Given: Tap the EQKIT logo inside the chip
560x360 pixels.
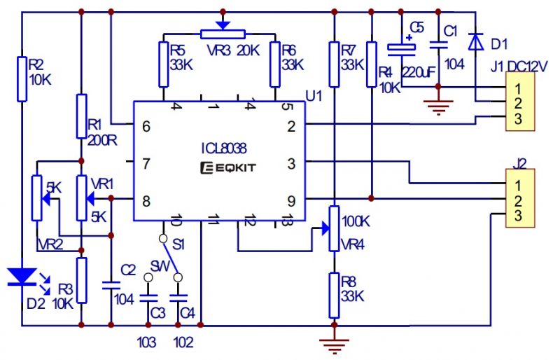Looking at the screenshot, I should (x=223, y=167).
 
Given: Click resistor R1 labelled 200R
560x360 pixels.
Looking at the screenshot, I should (x=82, y=116).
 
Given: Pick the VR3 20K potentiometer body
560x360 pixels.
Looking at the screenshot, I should (x=223, y=34).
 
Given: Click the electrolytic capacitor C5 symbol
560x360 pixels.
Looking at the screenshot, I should (x=402, y=48).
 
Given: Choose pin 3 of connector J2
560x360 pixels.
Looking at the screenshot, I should (x=517, y=216).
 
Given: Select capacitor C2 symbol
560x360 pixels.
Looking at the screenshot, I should (x=111, y=284).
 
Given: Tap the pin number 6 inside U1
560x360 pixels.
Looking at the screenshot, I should (x=146, y=127).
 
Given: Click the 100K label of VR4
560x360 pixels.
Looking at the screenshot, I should (x=356, y=221).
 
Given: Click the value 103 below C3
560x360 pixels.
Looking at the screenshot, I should (x=148, y=342).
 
